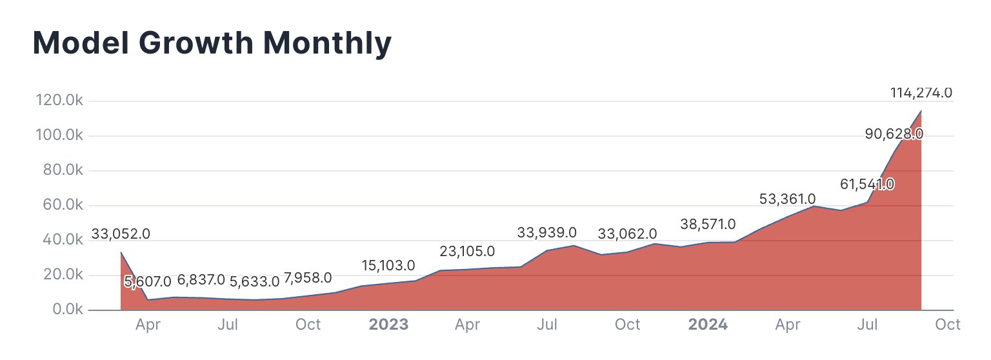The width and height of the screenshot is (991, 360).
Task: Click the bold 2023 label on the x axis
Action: (x=388, y=325)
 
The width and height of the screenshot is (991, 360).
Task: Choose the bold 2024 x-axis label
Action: (x=708, y=325)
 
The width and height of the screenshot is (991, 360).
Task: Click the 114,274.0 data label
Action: (x=921, y=92)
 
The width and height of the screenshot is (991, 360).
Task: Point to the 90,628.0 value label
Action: (x=894, y=134)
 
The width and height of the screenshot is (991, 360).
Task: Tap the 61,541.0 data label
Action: (x=866, y=185)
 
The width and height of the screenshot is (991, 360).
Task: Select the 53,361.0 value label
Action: (x=787, y=199)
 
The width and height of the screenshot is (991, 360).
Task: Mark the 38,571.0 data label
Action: (x=708, y=225)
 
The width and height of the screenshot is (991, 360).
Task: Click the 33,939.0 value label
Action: (x=547, y=233)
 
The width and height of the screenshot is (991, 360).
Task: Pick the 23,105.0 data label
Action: (x=467, y=251)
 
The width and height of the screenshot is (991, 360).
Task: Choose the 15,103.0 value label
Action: (x=387, y=265)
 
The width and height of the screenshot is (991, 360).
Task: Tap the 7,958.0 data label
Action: (x=308, y=278)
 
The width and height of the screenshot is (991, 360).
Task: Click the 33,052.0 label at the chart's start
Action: (x=121, y=234)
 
